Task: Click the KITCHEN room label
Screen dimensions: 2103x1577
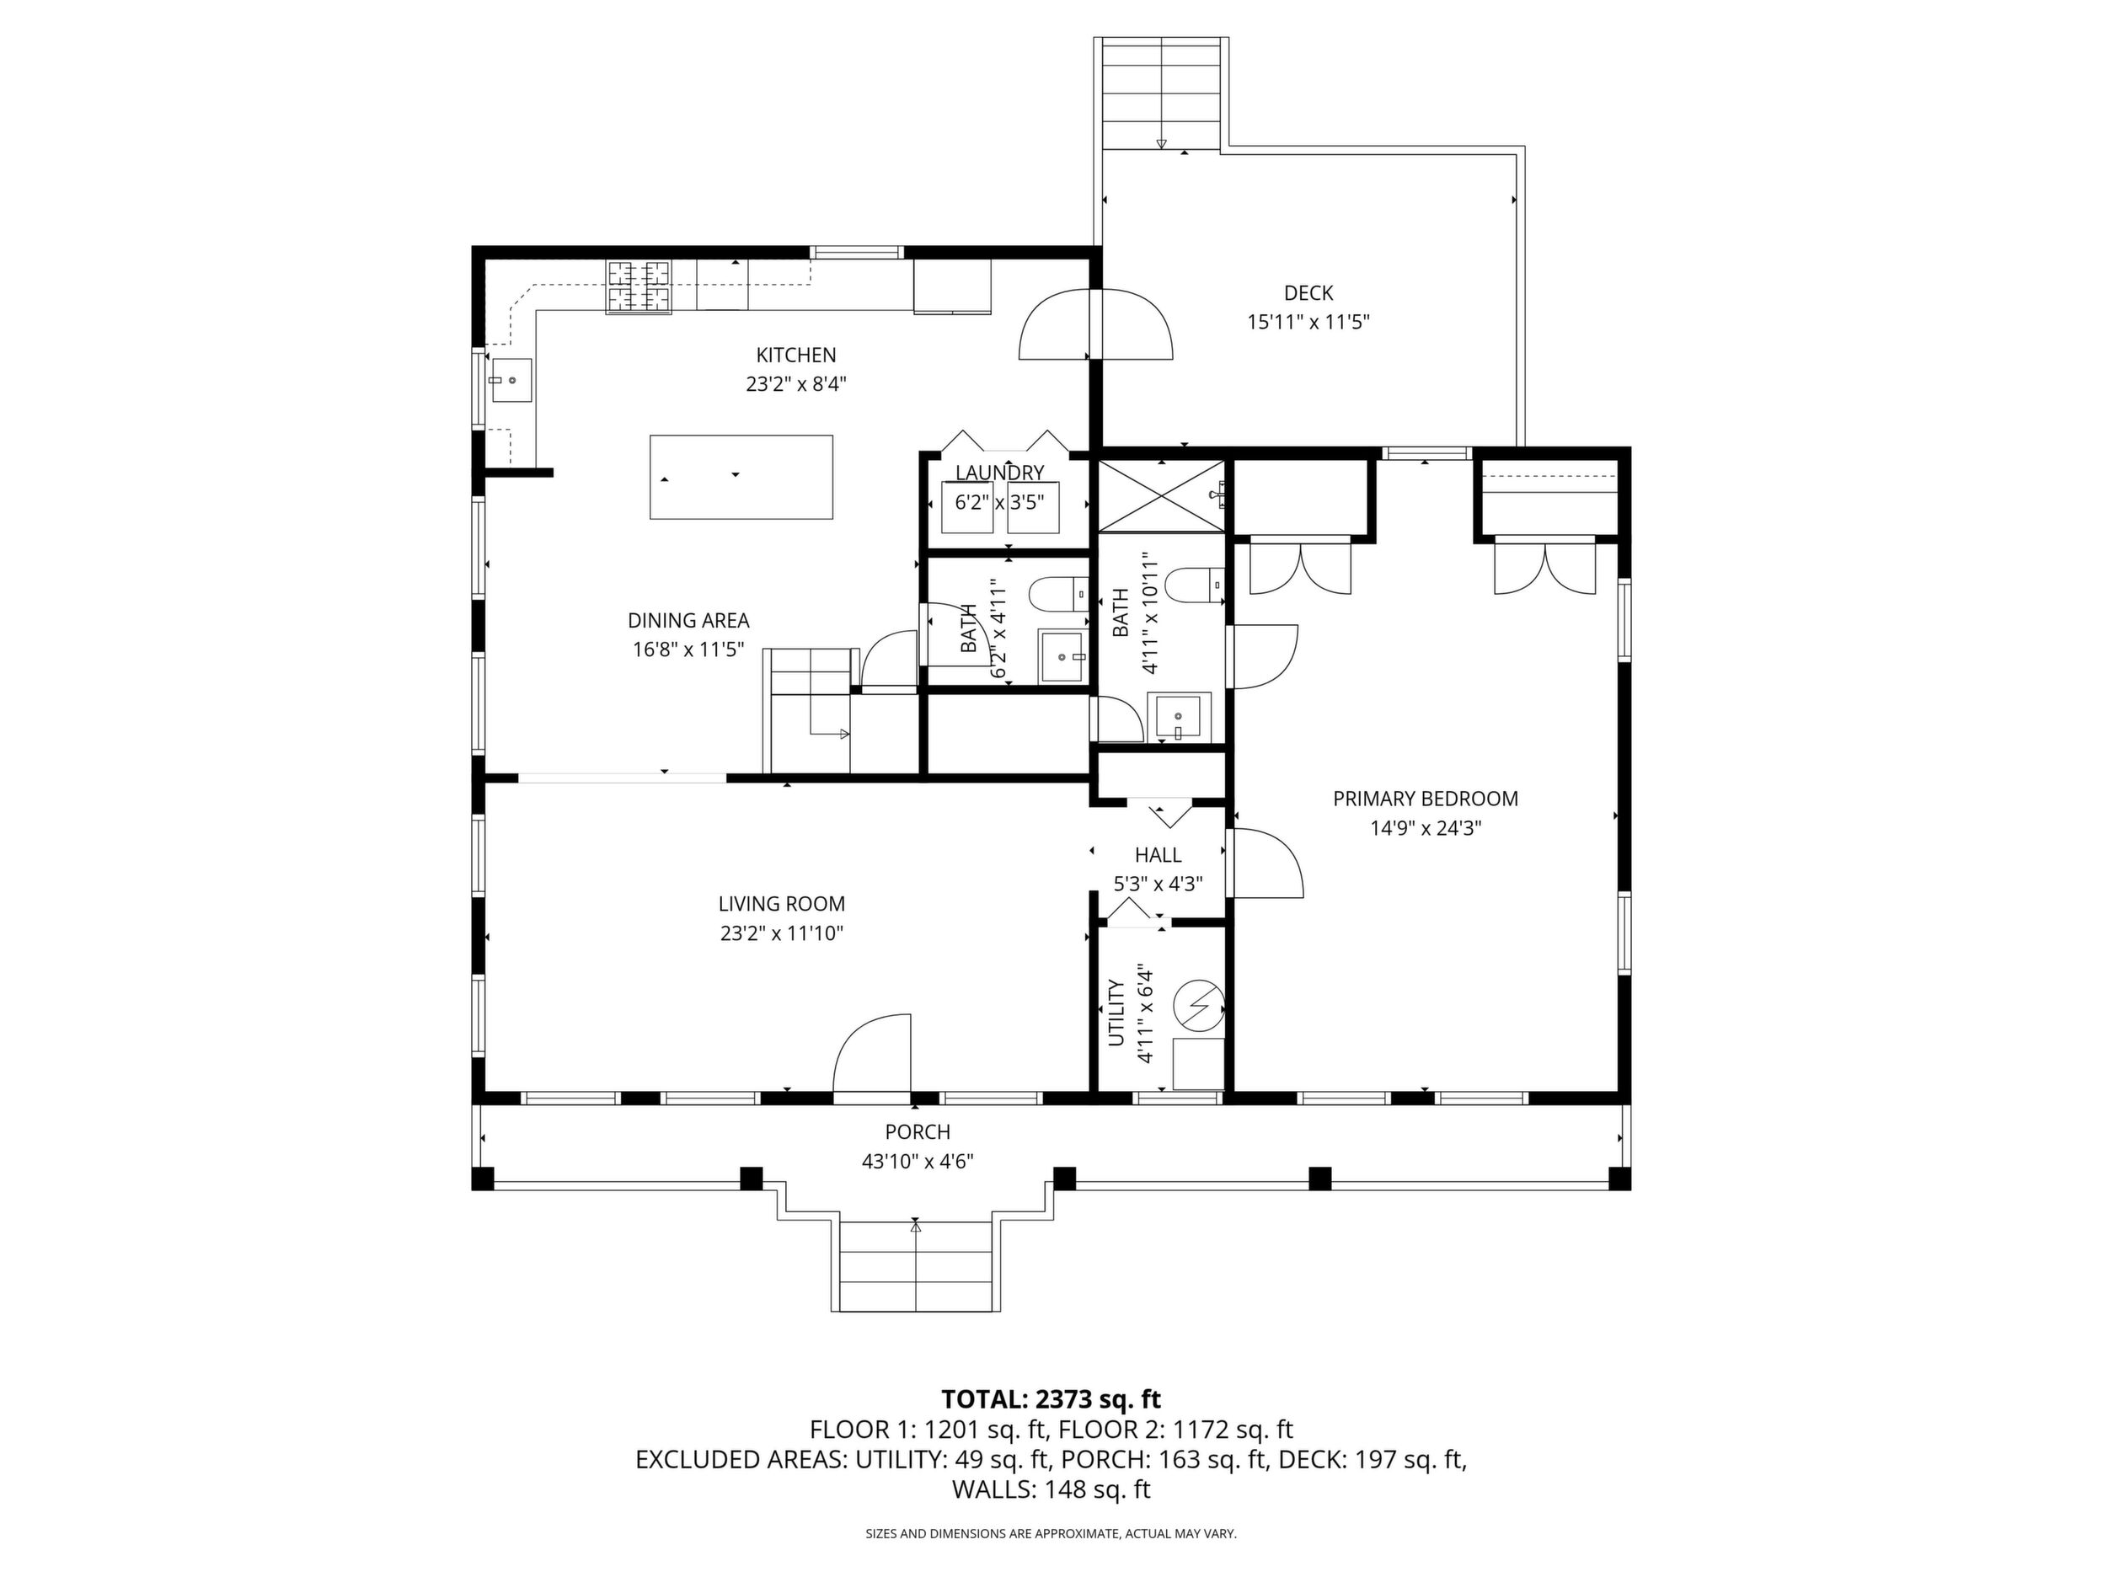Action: click(x=795, y=355)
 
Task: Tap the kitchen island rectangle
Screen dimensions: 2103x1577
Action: click(x=741, y=477)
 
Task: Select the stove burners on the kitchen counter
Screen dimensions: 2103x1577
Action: click(x=638, y=286)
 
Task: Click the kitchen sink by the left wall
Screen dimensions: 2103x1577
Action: click(x=511, y=380)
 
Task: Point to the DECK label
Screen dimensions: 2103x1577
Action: click(x=1308, y=294)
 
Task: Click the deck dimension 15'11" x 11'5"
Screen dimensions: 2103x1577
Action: click(x=1308, y=323)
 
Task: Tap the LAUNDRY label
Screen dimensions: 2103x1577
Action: click(x=999, y=473)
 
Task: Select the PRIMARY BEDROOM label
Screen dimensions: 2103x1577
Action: click(x=1425, y=799)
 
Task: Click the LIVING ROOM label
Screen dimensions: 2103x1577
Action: click(x=782, y=904)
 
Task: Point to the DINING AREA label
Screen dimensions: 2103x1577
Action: click(x=688, y=621)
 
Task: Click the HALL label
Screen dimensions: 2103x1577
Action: click(x=1158, y=854)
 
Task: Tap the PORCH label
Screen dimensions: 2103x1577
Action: click(x=918, y=1132)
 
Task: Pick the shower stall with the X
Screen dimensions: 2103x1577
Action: click(x=1161, y=494)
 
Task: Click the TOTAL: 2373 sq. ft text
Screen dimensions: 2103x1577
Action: click(x=1051, y=1399)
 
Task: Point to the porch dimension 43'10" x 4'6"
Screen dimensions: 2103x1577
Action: click(x=918, y=1161)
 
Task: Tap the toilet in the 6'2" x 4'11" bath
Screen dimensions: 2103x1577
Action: click(x=1060, y=594)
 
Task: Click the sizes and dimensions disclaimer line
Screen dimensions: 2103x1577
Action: click(x=1051, y=1533)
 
